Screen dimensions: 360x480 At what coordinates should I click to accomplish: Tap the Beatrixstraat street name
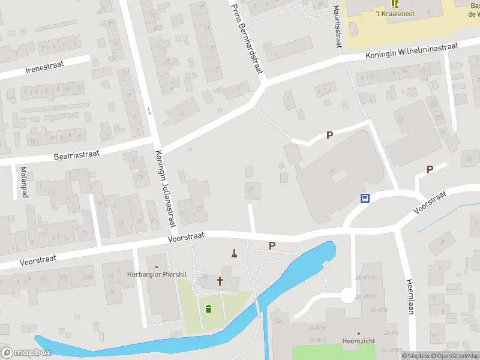76,154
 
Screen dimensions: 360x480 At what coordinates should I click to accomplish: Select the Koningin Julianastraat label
166,188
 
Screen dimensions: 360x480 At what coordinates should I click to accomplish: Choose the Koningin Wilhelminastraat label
412,51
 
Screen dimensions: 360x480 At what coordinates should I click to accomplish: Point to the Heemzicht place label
359,340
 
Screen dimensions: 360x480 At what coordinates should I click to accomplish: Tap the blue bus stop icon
364,199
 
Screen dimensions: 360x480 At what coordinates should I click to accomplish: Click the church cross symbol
220,281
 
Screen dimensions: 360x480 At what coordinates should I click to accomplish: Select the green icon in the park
208,309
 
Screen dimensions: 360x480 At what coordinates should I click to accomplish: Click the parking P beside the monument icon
272,245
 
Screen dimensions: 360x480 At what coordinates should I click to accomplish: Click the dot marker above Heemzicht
359,333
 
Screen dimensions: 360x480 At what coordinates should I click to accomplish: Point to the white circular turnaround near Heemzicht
346,295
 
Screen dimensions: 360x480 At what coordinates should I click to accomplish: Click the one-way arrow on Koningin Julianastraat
149,111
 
